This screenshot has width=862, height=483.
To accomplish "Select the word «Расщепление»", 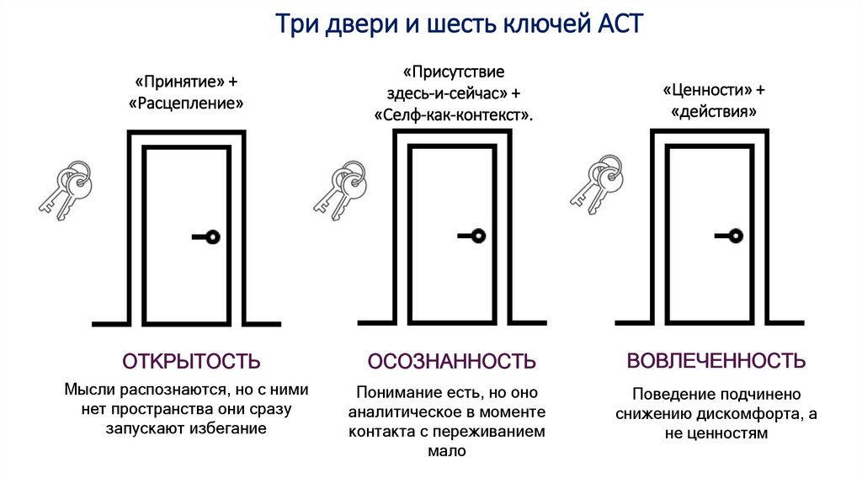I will tap(186, 104).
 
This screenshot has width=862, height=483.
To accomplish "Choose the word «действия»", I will tap(713, 111).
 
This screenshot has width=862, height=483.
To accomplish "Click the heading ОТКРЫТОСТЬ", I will tap(191, 362).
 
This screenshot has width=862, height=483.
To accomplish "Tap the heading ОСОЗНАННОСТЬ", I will tap(451, 362).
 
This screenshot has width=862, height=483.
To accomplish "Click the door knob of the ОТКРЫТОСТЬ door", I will tap(211, 237).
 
